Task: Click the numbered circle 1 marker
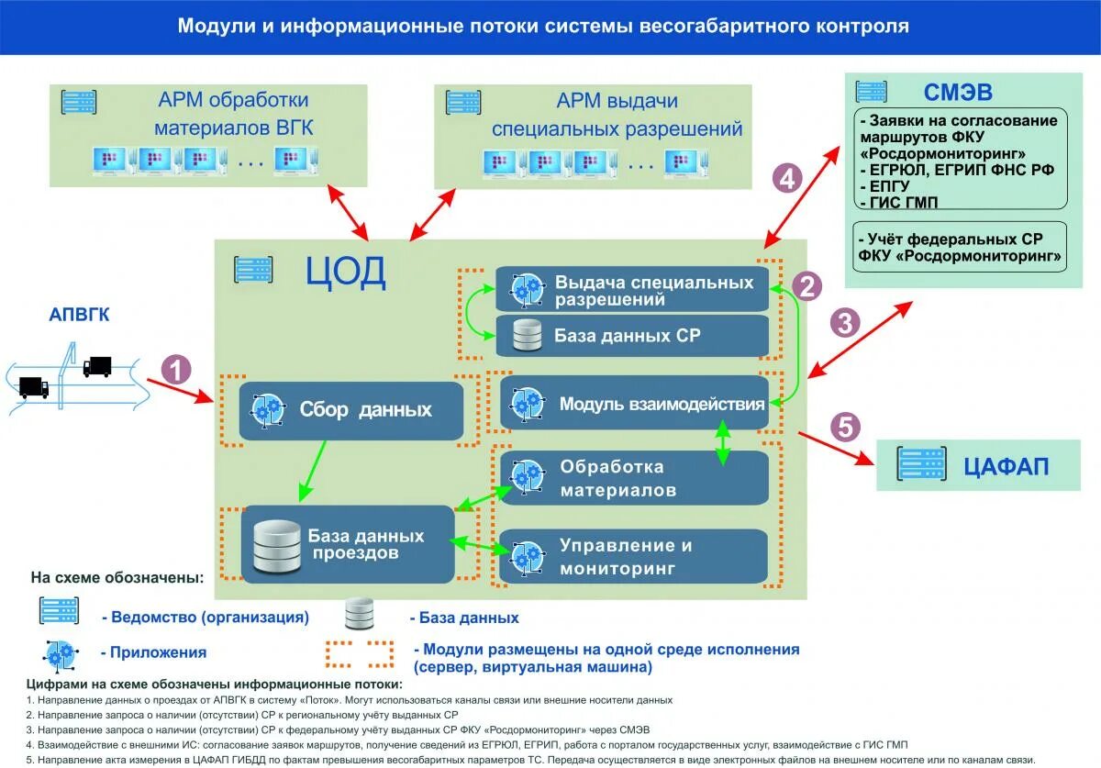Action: [x=176, y=370]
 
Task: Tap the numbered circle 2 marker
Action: [x=807, y=287]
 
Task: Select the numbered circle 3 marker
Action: [x=844, y=323]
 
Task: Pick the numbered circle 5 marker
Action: [x=845, y=427]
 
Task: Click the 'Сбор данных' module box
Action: [x=351, y=410]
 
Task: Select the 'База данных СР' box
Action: [x=632, y=336]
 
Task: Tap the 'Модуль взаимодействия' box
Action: [x=633, y=403]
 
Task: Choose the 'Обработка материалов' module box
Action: [x=633, y=477]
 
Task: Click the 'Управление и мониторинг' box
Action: [x=633, y=556]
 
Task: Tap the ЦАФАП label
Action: [x=1006, y=466]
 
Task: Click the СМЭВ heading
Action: [x=958, y=92]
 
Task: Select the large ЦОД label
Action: [x=346, y=273]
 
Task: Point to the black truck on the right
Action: [x=97, y=367]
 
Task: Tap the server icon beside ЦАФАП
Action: [x=922, y=465]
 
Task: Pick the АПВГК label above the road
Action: [x=79, y=316]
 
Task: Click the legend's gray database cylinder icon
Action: [x=359, y=614]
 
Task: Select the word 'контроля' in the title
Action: [x=857, y=26]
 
